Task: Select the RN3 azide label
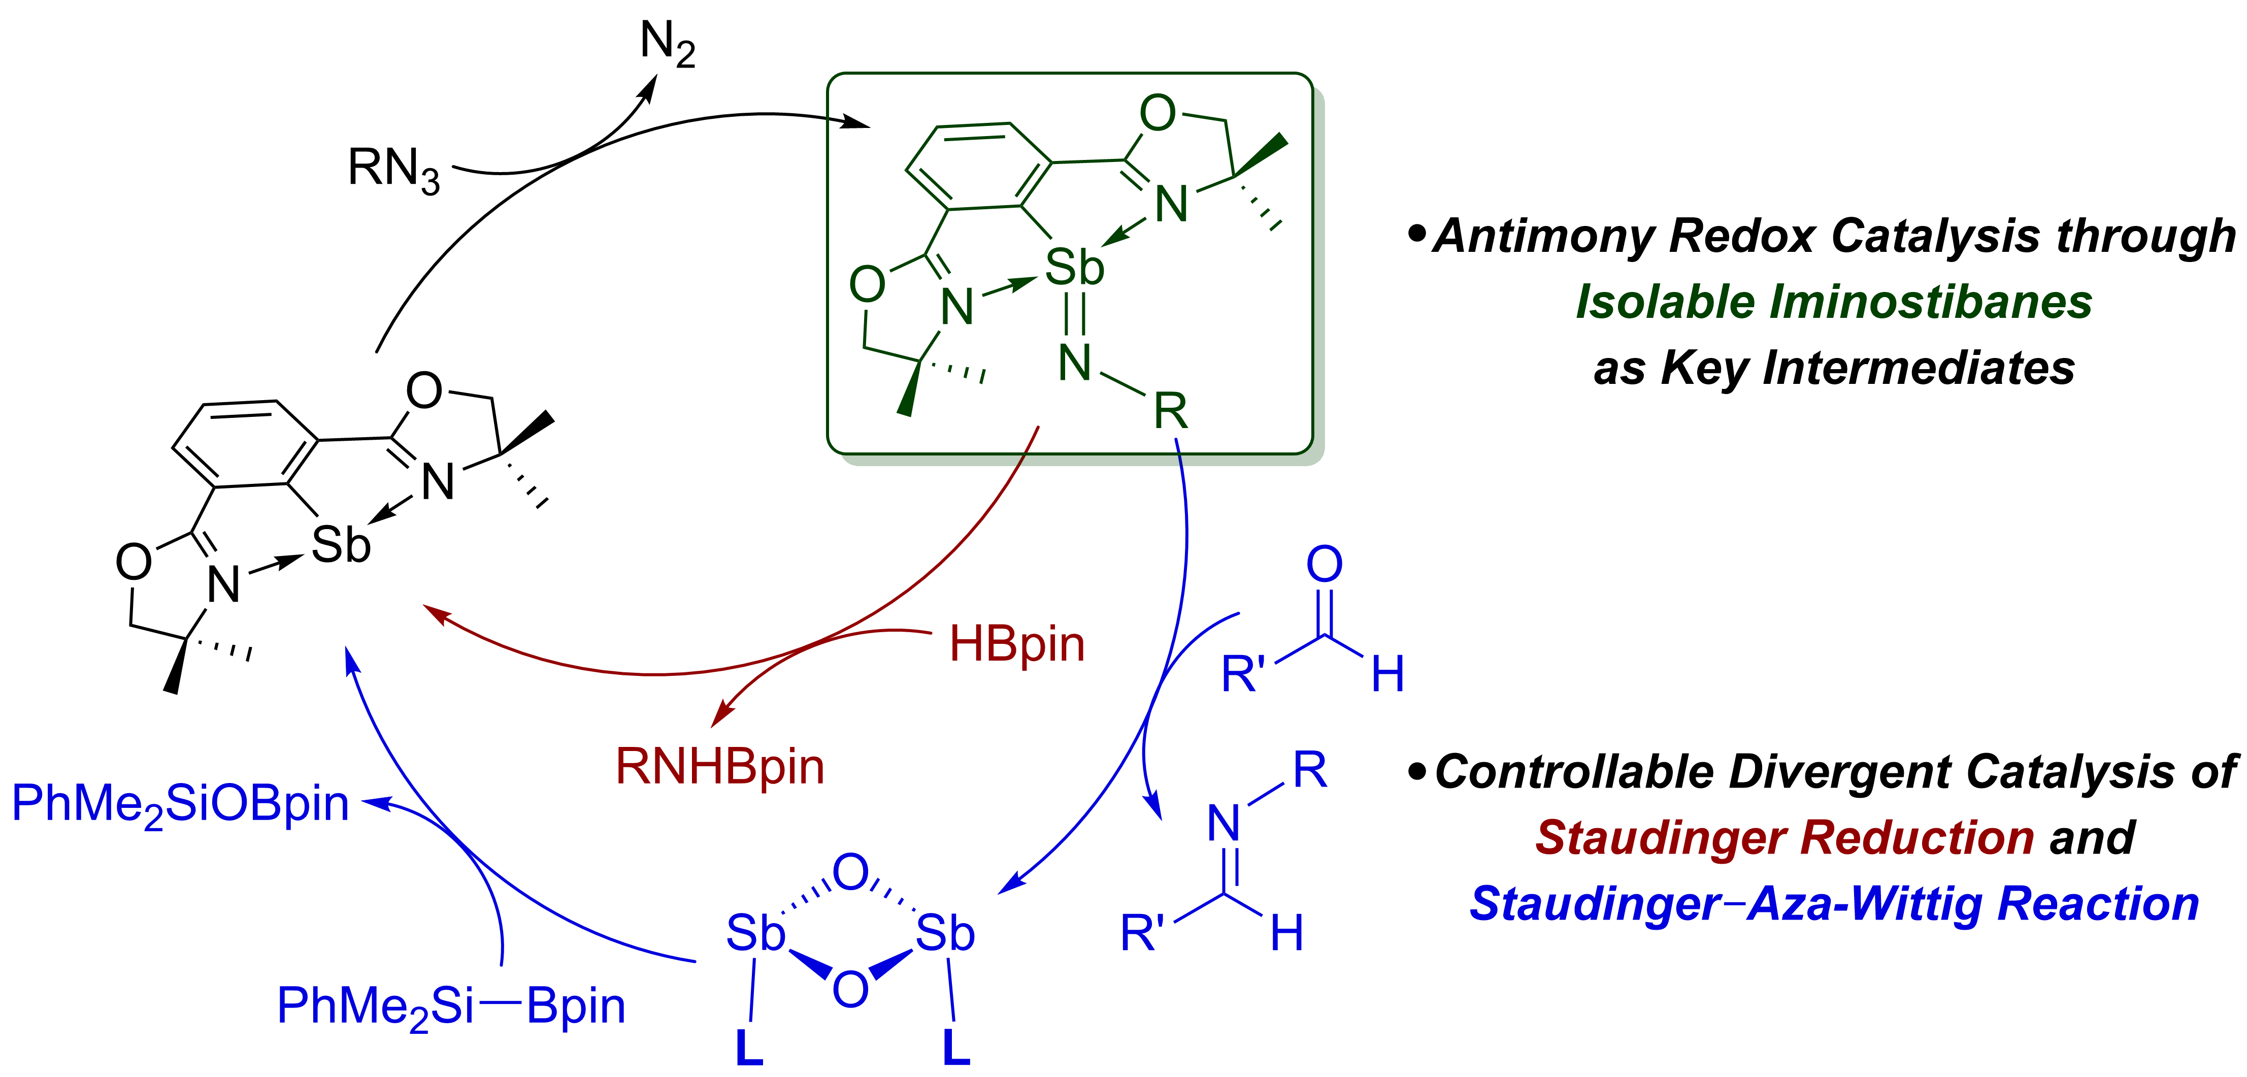pos(393,169)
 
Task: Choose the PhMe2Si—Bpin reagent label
pos(451,1006)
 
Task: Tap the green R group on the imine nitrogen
pos(1171,411)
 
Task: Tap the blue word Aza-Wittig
pos(1867,903)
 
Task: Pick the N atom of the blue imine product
pos(1224,822)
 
